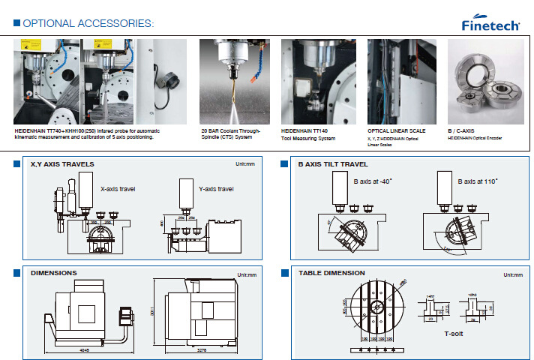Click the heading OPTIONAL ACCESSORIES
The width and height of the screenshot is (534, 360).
88,23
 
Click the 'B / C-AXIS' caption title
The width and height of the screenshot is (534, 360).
461,130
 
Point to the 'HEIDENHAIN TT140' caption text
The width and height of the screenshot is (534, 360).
304,130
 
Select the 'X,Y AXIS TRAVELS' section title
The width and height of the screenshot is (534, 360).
62,163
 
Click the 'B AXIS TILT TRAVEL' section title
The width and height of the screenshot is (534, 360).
333,163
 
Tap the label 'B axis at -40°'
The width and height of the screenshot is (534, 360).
373,181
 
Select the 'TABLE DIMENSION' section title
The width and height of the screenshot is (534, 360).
331,273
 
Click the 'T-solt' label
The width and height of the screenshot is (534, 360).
454,332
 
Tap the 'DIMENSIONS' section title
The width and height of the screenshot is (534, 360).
53,273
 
